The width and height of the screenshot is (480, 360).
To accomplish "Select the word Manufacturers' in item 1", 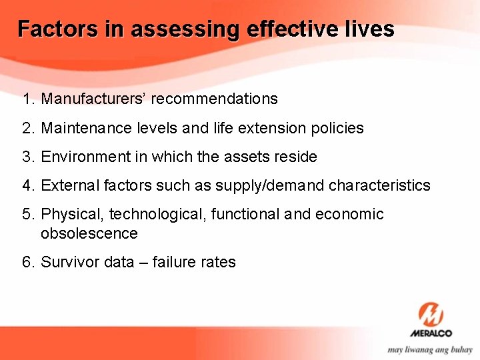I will [94, 99].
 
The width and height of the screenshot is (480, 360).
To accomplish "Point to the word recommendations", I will [215, 99].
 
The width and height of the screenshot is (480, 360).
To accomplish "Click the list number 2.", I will [27, 128].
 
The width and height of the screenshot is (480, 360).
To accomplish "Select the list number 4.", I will [27, 185].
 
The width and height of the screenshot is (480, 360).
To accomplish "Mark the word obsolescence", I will [89, 233].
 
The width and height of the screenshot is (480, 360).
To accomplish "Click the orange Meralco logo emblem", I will [431, 314].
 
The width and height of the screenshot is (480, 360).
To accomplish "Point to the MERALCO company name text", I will [431, 333].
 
